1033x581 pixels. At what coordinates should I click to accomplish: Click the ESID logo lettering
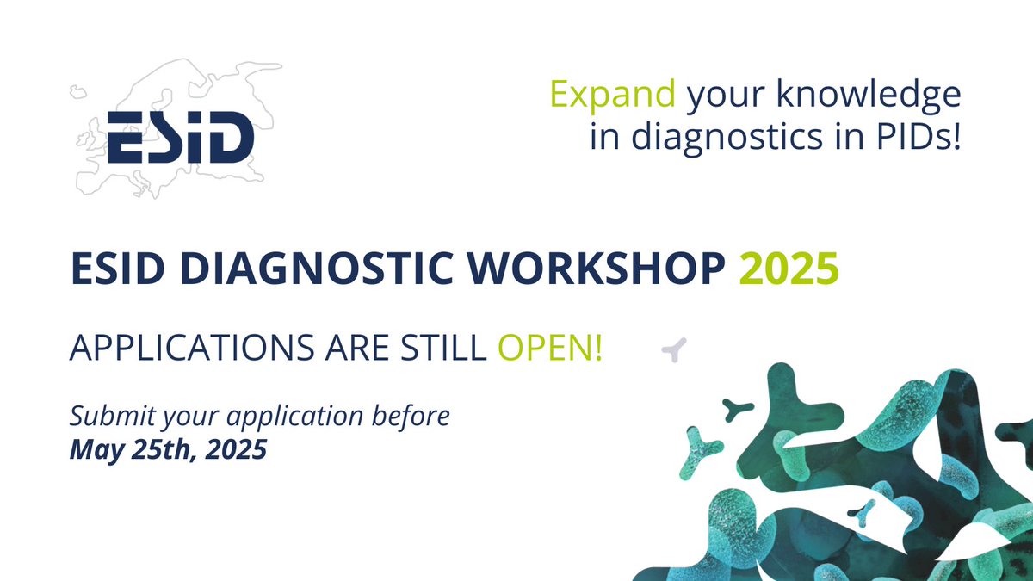[181, 138]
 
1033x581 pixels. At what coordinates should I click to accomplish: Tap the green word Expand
[613, 95]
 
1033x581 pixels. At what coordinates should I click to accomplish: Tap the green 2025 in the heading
[789, 270]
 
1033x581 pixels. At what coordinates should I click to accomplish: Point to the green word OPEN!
[550, 349]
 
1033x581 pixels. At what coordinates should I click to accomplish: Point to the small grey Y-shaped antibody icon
[674, 349]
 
